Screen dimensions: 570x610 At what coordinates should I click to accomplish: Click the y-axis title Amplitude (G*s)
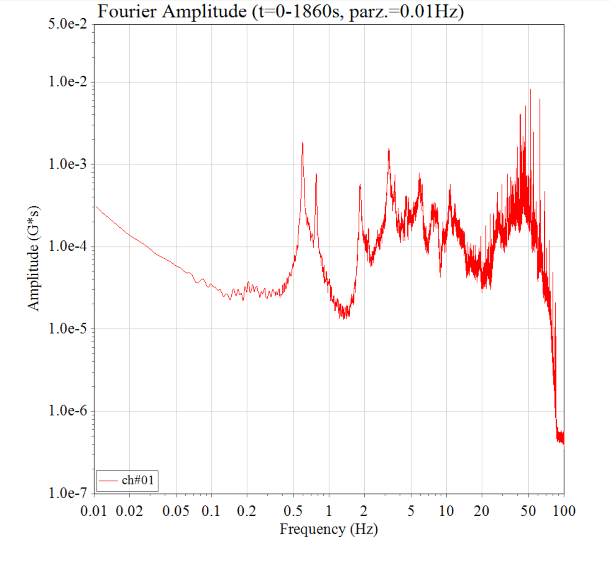click(x=34, y=257)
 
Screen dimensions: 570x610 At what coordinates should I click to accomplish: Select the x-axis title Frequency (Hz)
click(x=329, y=529)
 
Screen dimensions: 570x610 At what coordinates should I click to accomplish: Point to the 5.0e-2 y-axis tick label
click(x=68, y=24)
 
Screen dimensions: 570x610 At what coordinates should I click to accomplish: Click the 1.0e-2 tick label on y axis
click(x=68, y=82)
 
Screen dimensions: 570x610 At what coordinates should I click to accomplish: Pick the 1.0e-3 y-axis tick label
click(x=68, y=164)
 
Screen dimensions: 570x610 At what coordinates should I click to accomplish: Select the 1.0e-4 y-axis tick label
click(x=68, y=246)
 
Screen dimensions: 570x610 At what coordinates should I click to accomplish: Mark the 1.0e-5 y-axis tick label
click(x=68, y=329)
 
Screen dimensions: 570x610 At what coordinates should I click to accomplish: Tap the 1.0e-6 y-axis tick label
click(x=68, y=411)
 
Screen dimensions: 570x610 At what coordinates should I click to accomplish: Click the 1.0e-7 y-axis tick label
click(x=68, y=493)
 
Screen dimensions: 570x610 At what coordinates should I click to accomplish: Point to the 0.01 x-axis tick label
click(x=94, y=511)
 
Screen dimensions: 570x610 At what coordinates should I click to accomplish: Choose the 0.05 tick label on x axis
click(x=176, y=511)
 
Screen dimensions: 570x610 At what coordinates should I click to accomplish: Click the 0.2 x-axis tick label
click(x=247, y=511)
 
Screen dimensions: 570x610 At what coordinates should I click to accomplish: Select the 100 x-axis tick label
click(x=564, y=511)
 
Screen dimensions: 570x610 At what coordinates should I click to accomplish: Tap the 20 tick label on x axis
click(x=482, y=511)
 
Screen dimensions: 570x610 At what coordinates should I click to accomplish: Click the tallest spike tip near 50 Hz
click(x=530, y=89)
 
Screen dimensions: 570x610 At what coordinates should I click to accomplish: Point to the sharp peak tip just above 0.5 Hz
click(x=303, y=143)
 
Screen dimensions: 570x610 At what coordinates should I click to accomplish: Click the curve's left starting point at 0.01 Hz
click(x=96, y=206)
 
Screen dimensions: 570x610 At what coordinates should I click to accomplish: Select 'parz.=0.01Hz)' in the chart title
click(x=406, y=11)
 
